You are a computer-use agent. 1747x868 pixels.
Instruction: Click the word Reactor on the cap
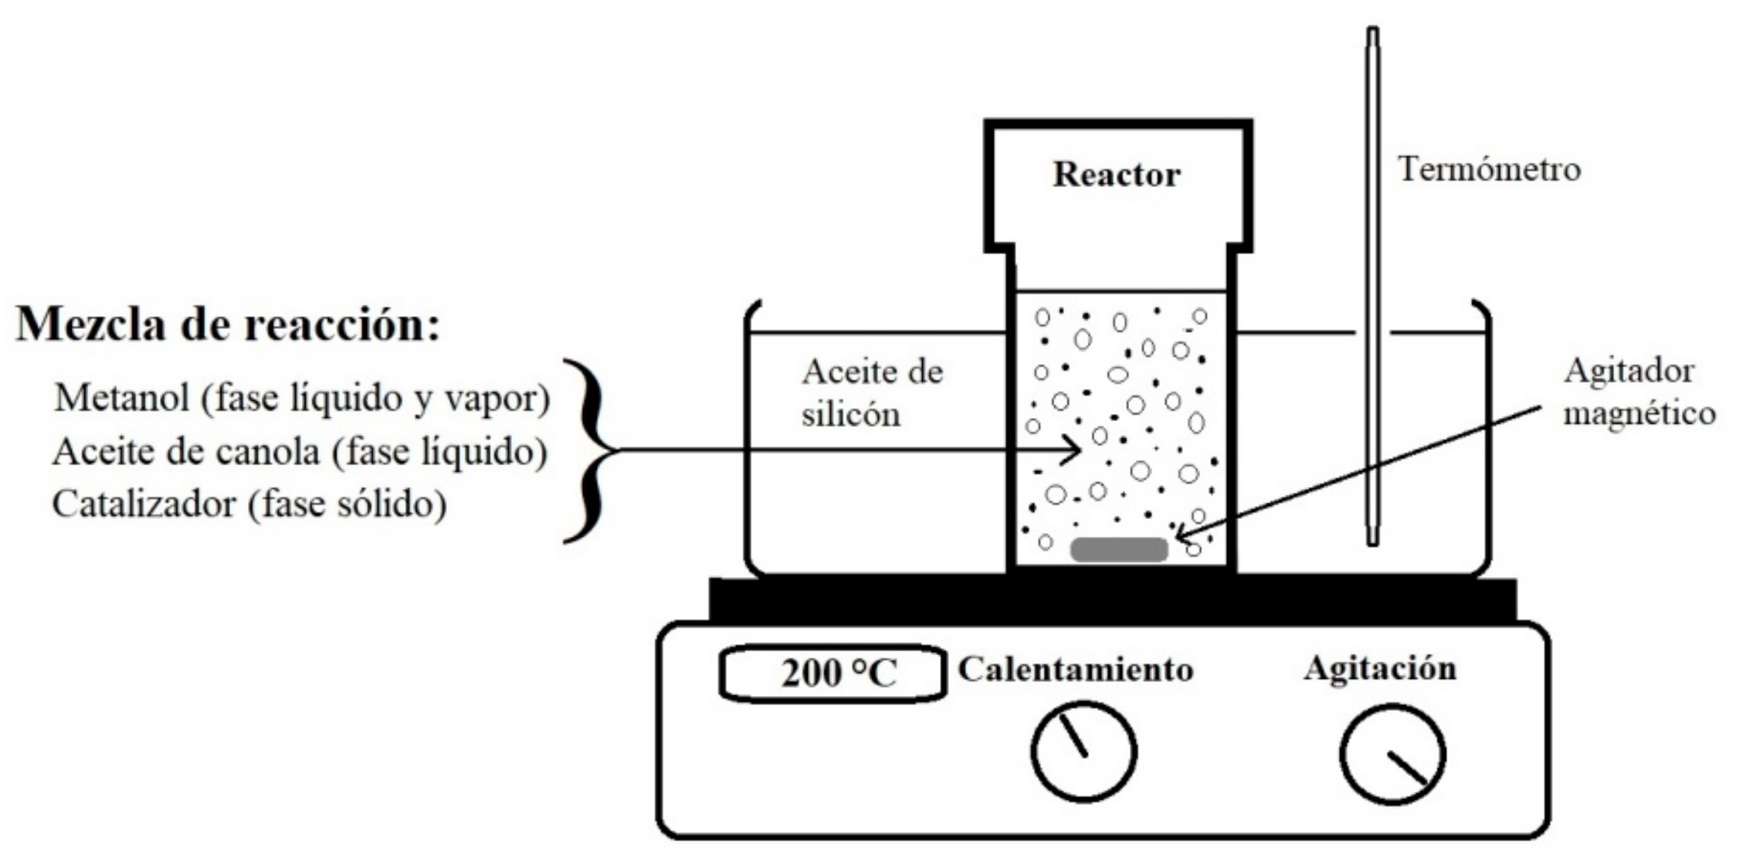pyautogui.click(x=1116, y=175)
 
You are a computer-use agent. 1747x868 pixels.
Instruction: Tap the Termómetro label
pyautogui.click(x=1489, y=170)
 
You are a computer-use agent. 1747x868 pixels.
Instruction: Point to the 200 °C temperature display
pyautogui.click(x=832, y=674)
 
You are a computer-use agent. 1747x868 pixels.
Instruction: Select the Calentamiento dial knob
pyautogui.click(x=1083, y=751)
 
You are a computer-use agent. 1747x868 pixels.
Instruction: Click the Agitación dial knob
pyautogui.click(x=1392, y=754)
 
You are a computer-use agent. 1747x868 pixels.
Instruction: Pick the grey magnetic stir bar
pyautogui.click(x=1119, y=550)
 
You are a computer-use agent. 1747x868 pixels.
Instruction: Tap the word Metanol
pyautogui.click(x=121, y=397)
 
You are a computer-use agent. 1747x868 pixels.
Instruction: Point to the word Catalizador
pyautogui.click(x=143, y=504)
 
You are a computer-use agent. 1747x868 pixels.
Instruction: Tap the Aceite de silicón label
pyautogui.click(x=871, y=393)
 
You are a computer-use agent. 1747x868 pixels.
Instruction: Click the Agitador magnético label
pyautogui.click(x=1639, y=393)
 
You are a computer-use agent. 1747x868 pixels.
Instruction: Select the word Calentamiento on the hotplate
pyautogui.click(x=1075, y=669)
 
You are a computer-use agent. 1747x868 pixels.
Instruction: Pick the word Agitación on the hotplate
pyautogui.click(x=1380, y=668)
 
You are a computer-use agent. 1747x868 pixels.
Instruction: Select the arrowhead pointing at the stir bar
pyautogui.click(x=1181, y=535)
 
